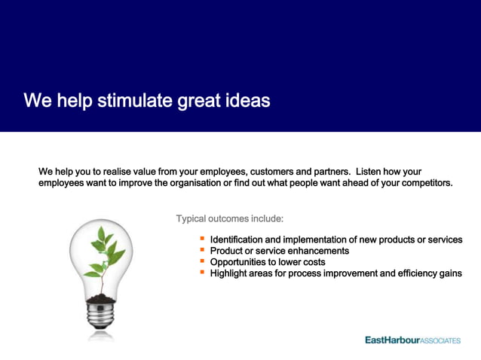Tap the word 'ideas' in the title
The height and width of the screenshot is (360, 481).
coord(247,100)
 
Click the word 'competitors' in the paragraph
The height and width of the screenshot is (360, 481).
coord(424,183)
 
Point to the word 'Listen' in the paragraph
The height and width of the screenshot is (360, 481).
coord(373,172)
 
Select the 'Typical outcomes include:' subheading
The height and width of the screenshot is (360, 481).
coord(229,219)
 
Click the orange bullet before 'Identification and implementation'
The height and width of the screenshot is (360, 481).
coord(202,239)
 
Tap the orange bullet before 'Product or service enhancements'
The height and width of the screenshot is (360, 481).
coord(202,250)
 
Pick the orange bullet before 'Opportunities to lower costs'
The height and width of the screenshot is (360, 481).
coord(202,261)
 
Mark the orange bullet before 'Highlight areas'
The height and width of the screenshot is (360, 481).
coord(202,273)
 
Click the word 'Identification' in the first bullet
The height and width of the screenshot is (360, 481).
coord(238,239)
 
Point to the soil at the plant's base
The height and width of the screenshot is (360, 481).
coord(100,299)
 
